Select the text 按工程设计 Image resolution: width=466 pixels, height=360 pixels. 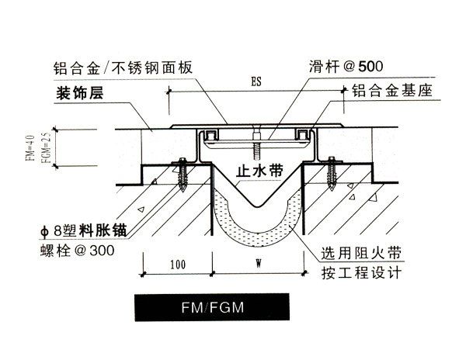point(362,272)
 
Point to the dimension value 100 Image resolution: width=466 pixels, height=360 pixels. point(177,265)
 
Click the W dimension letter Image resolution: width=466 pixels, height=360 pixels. point(256,265)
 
